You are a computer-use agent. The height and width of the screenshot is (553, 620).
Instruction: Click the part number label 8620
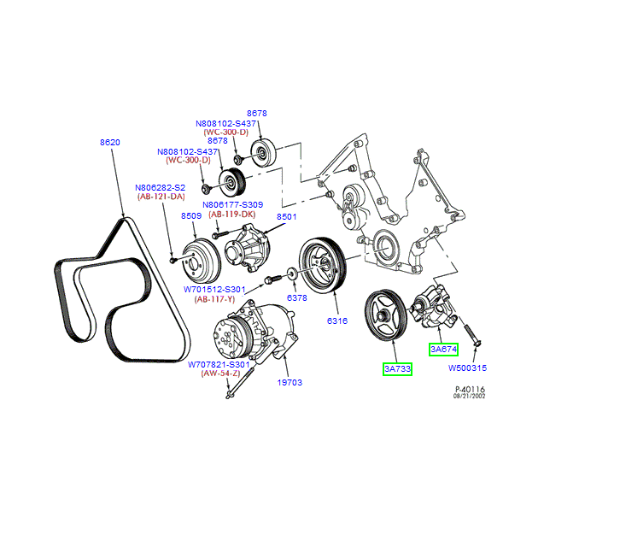click(109, 142)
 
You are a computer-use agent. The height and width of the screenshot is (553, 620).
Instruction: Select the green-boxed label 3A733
click(397, 369)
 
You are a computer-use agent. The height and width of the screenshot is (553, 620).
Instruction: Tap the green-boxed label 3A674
click(444, 349)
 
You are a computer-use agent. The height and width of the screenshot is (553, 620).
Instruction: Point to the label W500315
click(468, 369)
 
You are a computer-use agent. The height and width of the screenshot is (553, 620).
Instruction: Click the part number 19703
click(289, 382)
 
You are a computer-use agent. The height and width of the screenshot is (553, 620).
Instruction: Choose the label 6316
click(338, 321)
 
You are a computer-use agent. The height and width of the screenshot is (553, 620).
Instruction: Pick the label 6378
click(296, 298)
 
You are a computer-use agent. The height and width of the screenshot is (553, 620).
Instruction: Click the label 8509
click(190, 217)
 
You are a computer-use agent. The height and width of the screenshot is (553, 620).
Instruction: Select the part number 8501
click(287, 217)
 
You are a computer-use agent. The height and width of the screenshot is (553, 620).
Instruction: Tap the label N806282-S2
click(160, 187)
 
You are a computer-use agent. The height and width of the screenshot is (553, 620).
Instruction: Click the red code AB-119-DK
click(231, 215)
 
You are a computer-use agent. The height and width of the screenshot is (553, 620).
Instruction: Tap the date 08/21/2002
click(469, 397)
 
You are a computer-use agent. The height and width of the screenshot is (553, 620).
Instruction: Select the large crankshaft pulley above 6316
click(321, 268)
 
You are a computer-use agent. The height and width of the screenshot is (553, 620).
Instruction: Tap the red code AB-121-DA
click(161, 197)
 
